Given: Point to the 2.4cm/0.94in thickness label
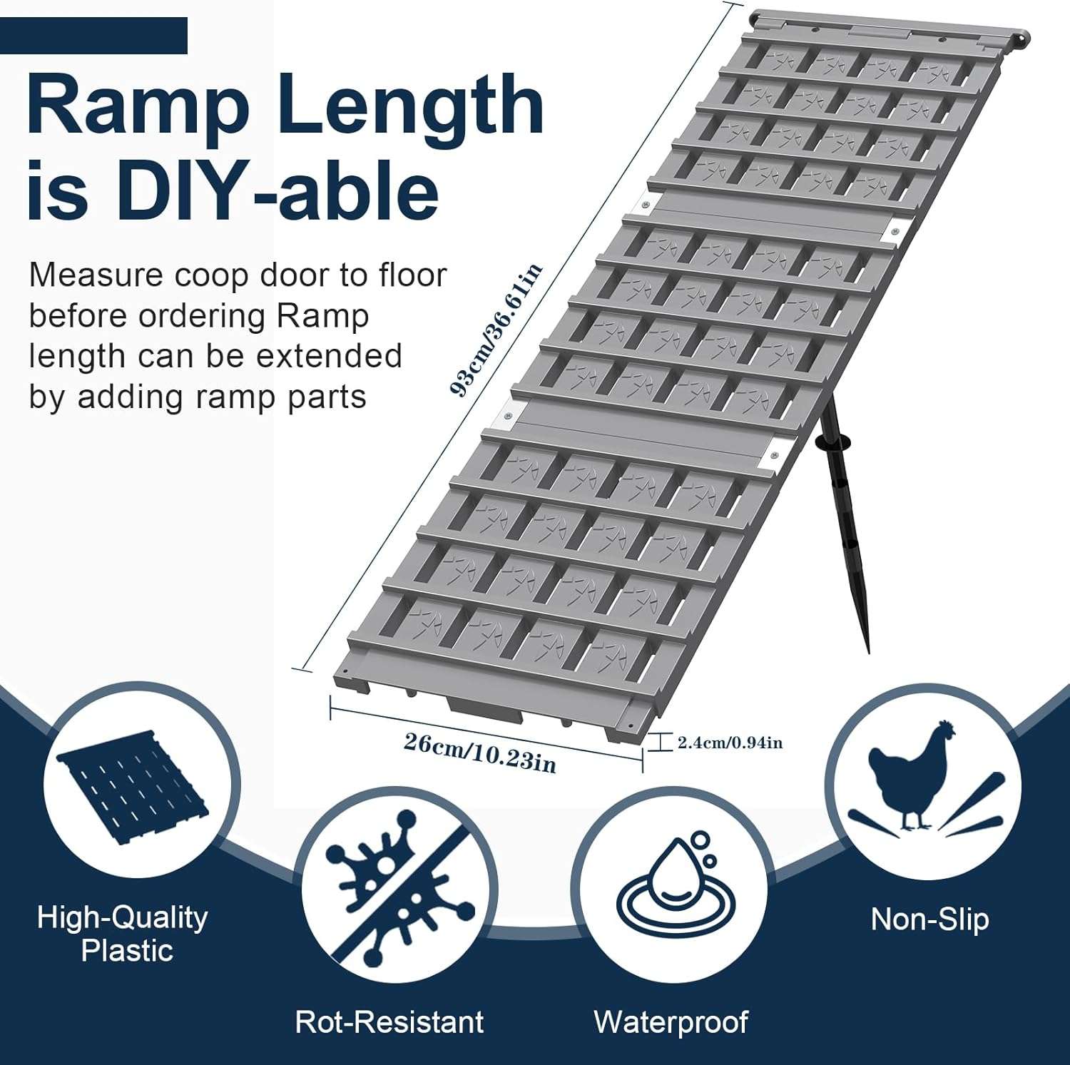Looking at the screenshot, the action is click(730, 743).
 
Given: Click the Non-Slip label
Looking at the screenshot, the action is click(929, 919).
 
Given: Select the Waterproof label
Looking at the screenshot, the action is click(671, 1021).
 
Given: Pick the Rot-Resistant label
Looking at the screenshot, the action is click(389, 1021).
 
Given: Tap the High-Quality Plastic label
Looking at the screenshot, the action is click(123, 934).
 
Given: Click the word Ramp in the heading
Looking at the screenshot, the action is click(138, 106).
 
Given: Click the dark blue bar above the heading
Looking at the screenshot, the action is click(93, 36).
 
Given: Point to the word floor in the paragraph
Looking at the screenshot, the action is click(412, 275).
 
